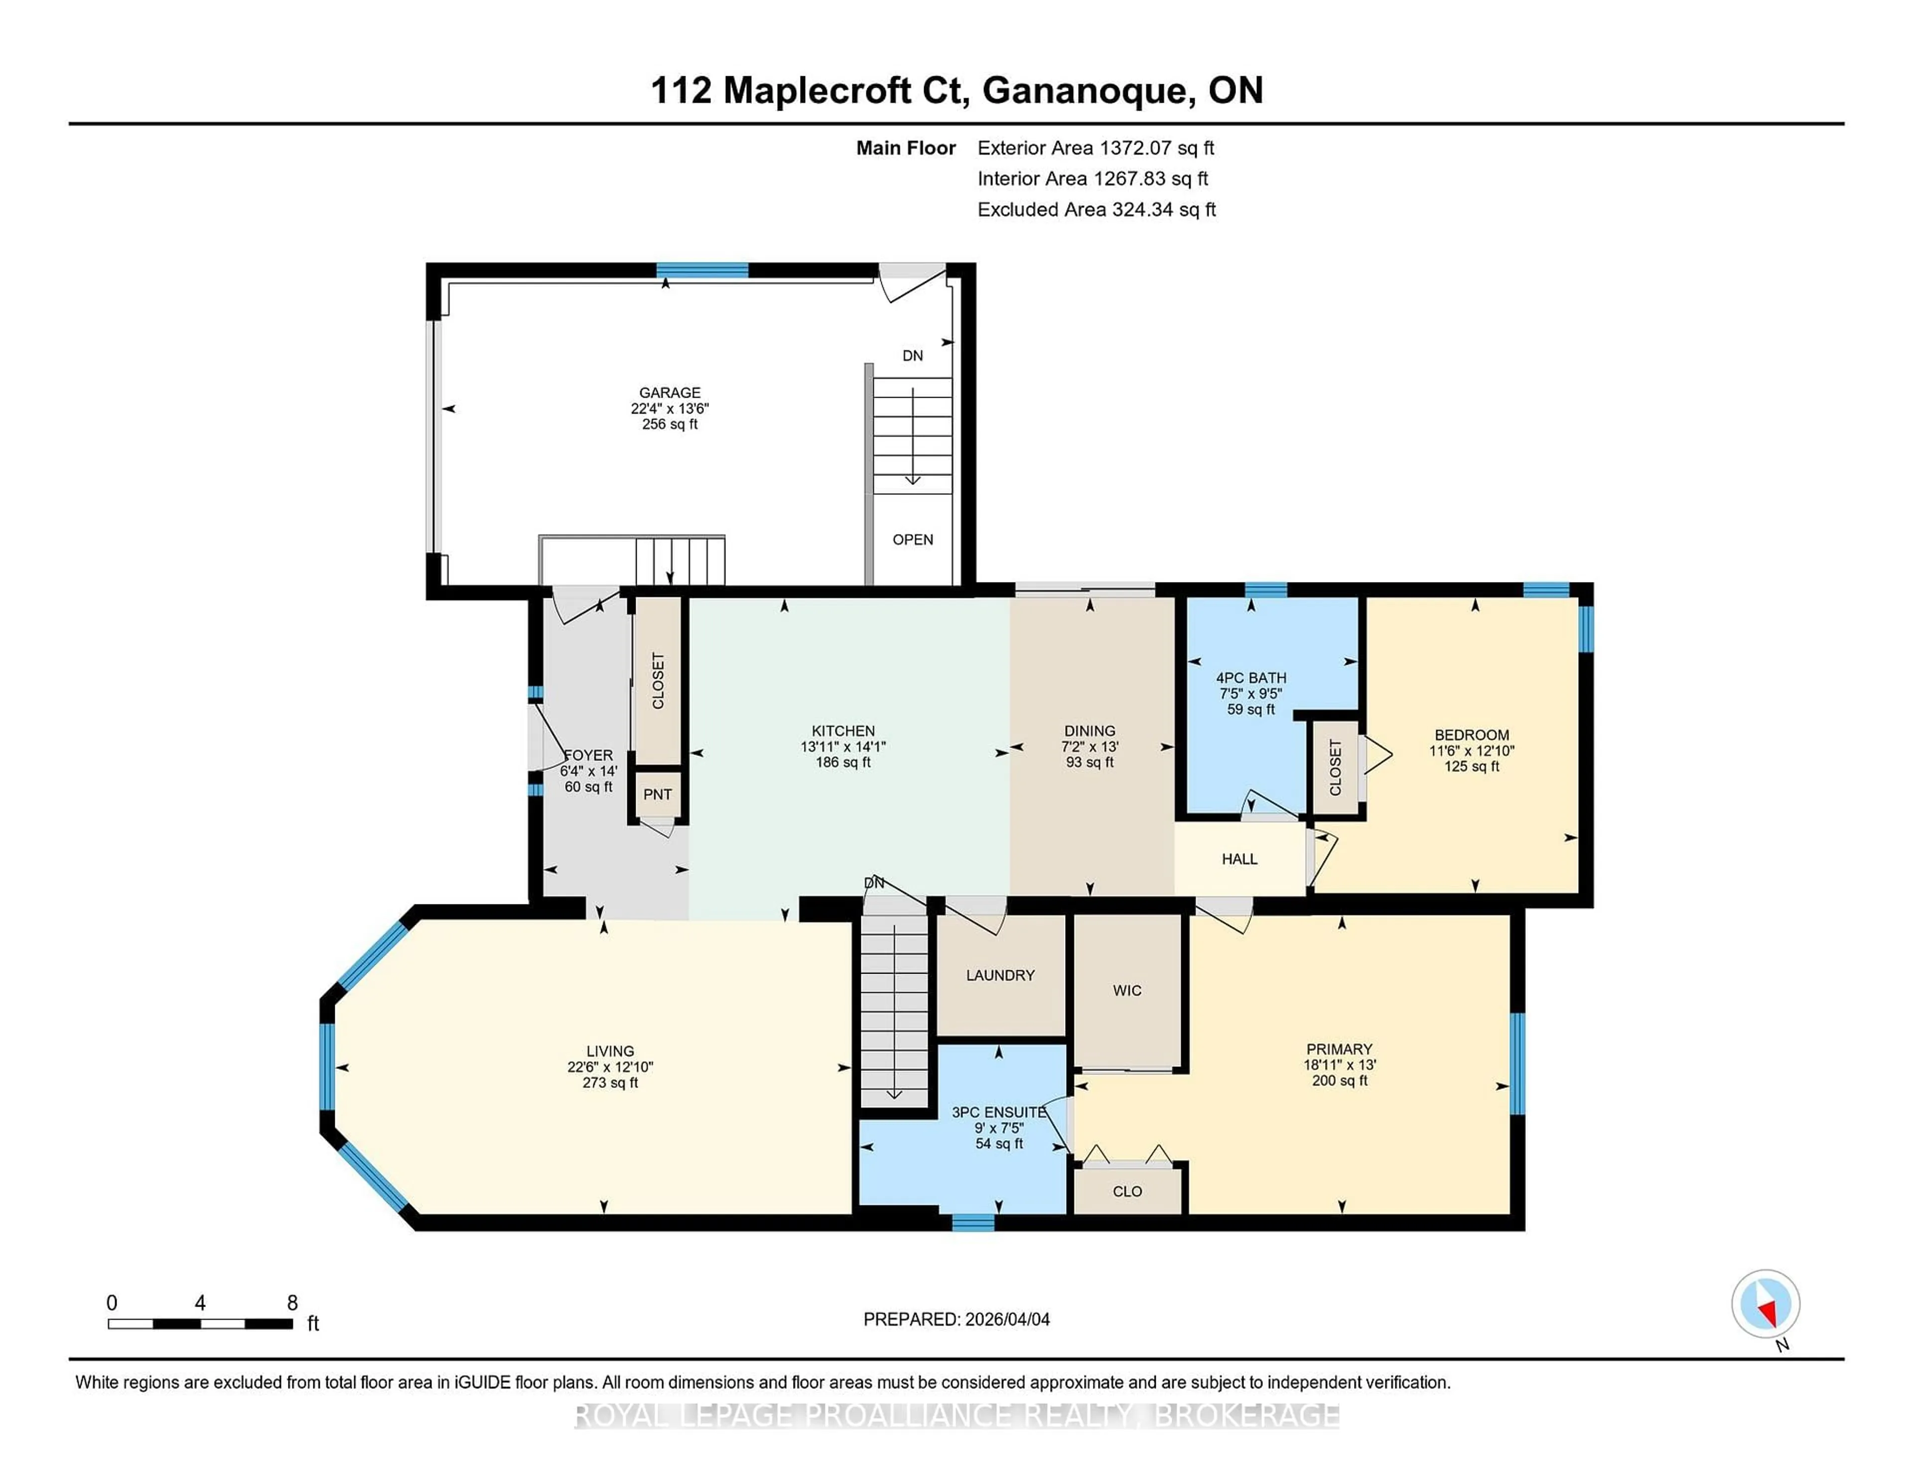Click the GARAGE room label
tap(669, 393)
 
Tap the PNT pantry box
tap(657, 794)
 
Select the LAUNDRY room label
tap(1000, 975)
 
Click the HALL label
tap(1239, 859)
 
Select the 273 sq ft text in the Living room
tap(610, 1083)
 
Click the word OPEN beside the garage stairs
tap(913, 540)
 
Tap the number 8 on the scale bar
tap(292, 1303)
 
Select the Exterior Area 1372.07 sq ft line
tap(1096, 148)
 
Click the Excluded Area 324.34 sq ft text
tap(1096, 209)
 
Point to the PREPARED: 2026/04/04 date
tap(956, 1320)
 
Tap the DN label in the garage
tap(913, 356)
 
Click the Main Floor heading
tap(906, 148)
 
